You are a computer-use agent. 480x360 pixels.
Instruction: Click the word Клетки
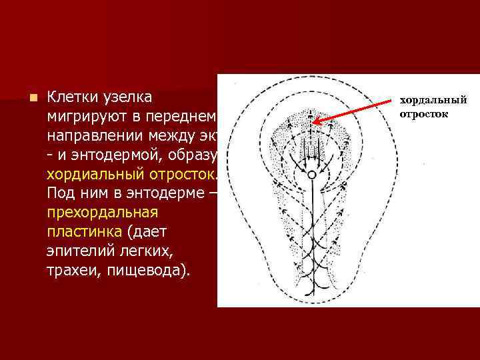point(73,97)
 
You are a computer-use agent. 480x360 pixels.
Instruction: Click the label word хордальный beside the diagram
point(433,101)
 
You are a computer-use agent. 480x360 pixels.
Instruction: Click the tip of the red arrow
point(314,123)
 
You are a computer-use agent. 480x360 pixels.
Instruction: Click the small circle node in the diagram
point(311,175)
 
